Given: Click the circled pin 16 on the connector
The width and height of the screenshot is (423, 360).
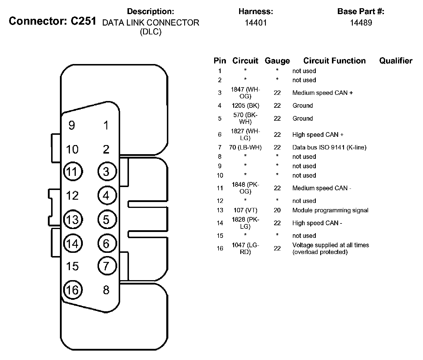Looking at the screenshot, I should click(73, 290).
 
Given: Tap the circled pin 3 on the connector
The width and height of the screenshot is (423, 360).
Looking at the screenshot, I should click(107, 171).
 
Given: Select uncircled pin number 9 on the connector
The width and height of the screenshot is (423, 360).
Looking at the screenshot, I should click(72, 125).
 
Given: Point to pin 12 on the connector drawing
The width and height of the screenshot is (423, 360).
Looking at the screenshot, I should click(72, 196).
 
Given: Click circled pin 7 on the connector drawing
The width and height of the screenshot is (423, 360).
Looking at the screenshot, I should click(107, 266).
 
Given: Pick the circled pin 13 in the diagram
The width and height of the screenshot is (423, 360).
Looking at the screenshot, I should click(73, 220).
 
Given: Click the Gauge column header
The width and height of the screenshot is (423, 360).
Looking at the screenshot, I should click(277, 61).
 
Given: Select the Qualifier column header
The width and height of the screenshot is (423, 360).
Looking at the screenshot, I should click(396, 61).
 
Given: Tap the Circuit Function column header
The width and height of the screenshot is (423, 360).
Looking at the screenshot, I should click(334, 61).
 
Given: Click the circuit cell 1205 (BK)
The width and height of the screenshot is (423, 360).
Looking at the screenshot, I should click(245, 106).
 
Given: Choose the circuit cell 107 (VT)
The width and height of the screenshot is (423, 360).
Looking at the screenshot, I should click(245, 210).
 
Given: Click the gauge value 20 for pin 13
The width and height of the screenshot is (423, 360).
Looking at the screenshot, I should click(277, 210).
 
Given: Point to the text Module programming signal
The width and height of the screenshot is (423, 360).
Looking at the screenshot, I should click(330, 210).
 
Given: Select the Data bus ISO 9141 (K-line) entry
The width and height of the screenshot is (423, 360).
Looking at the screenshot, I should click(329, 147).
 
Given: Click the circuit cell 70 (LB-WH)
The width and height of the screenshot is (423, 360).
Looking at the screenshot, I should click(245, 147).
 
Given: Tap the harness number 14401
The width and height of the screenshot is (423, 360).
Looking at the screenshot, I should click(256, 23).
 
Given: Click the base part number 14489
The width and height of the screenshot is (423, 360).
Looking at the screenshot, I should click(361, 23).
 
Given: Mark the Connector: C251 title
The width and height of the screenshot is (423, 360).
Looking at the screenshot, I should click(52, 21).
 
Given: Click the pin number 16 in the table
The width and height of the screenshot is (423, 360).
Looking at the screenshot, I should click(220, 248).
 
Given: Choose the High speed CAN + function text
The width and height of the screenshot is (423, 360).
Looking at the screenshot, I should click(318, 135).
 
